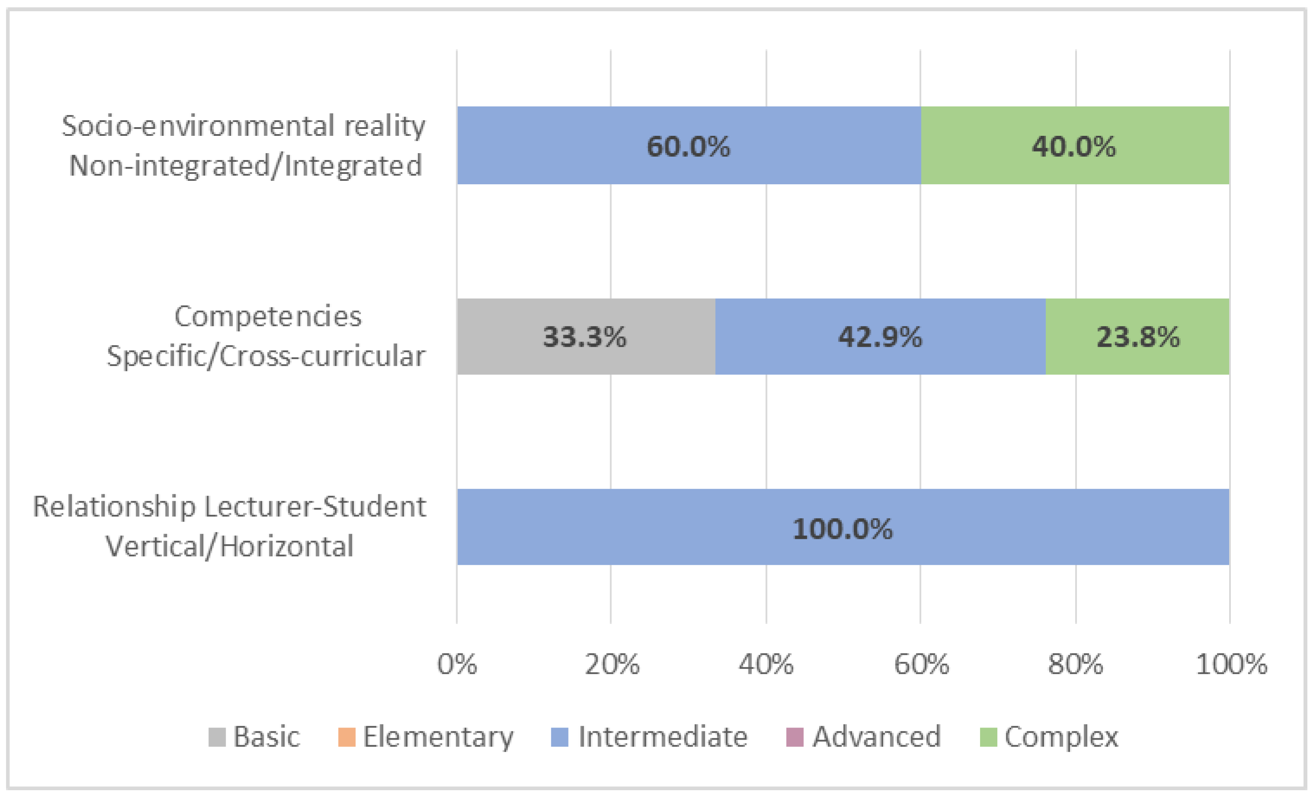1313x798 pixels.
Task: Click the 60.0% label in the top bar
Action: point(688,146)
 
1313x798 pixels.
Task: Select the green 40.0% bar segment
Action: point(1074,146)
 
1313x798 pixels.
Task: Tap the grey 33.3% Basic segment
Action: point(585,337)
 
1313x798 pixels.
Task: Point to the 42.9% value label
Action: point(880,337)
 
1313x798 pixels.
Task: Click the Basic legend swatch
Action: point(217,737)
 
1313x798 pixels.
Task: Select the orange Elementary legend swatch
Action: point(346,737)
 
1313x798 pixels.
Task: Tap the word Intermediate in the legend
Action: point(662,737)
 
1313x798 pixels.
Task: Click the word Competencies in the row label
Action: point(268,316)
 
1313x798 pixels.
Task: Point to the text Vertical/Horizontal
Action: point(229,546)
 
